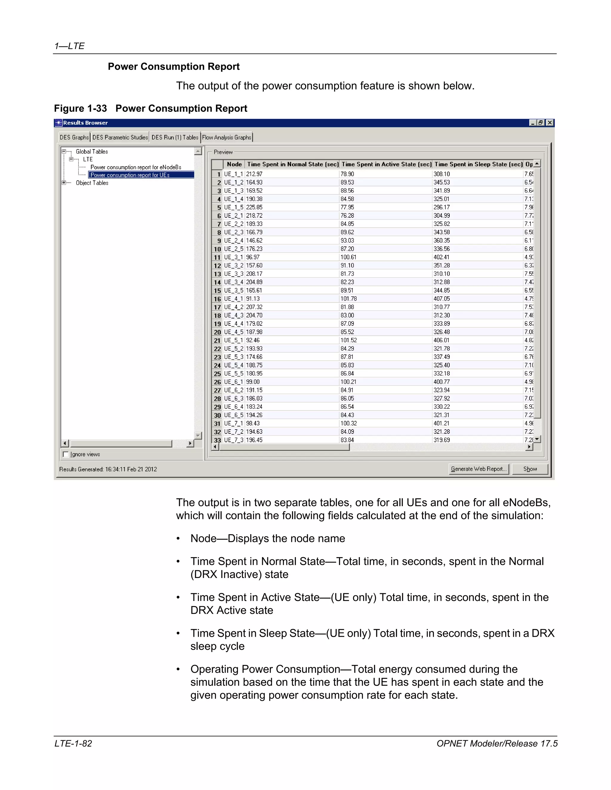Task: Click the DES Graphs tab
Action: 74,137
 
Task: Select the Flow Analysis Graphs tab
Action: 227,137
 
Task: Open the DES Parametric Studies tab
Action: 120,137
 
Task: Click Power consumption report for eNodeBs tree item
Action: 136,167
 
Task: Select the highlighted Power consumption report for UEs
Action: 130,175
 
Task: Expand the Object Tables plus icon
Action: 64,183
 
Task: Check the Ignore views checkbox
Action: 66,454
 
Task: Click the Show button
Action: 530,469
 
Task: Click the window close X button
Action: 550,123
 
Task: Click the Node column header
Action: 234,164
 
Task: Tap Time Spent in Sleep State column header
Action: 479,164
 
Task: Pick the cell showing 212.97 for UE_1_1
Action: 254,174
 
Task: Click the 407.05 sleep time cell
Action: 442,299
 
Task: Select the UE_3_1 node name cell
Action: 234,257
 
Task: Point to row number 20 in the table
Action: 217,332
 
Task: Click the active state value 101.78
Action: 348,299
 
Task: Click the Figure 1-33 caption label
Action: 151,109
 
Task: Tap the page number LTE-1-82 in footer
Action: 73,743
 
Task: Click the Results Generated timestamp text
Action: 108,469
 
